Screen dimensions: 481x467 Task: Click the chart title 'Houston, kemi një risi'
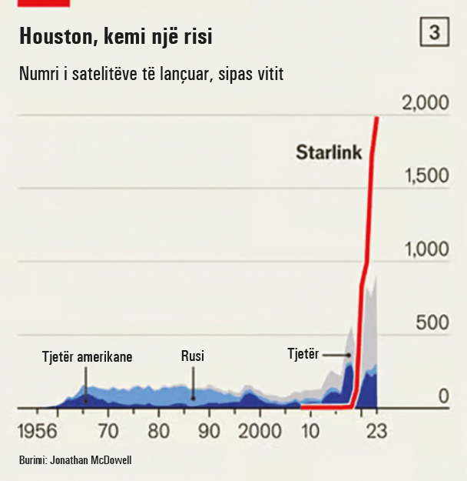coord(115,36)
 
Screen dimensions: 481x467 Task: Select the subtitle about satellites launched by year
coord(151,75)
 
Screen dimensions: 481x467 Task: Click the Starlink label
coord(328,152)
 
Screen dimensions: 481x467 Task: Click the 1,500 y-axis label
coord(426,176)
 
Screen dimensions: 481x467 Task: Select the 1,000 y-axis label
coord(426,249)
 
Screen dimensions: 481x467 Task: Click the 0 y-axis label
coord(443,396)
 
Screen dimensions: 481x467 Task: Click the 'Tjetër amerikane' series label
coord(88,357)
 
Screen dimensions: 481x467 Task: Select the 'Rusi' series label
coord(193,356)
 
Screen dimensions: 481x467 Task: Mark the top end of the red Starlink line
coord(376,118)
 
